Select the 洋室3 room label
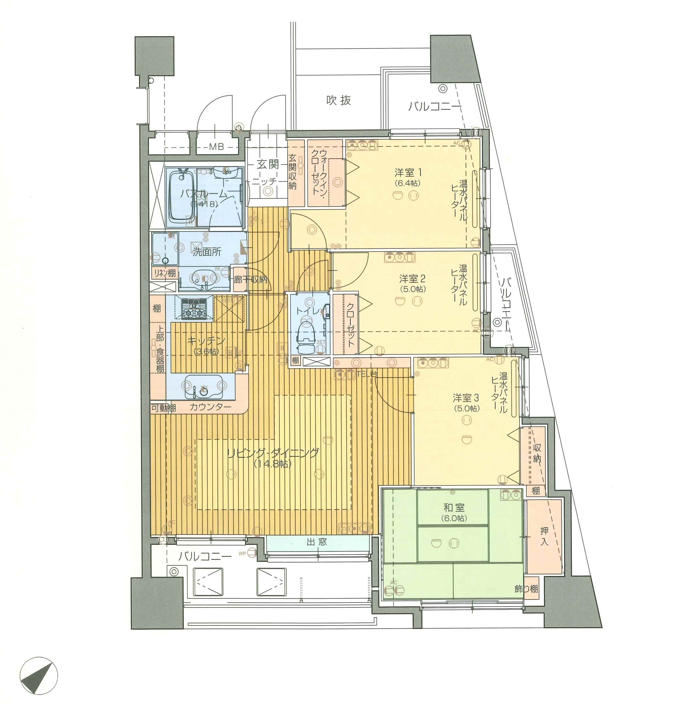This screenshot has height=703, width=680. [x=465, y=398]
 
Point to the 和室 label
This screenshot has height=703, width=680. [x=454, y=507]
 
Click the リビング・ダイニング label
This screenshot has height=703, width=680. [x=273, y=453]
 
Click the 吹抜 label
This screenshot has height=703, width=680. [x=338, y=100]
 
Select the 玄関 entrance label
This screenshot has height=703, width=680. [x=267, y=164]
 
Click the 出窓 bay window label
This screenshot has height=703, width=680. [x=316, y=542]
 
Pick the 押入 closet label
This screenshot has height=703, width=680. [x=544, y=536]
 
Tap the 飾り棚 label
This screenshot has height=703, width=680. [x=526, y=589]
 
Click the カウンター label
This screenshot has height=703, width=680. [x=210, y=407]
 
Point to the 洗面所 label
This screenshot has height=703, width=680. [x=207, y=252]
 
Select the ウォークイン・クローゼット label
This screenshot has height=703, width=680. [x=319, y=172]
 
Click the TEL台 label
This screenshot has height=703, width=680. [x=366, y=373]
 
